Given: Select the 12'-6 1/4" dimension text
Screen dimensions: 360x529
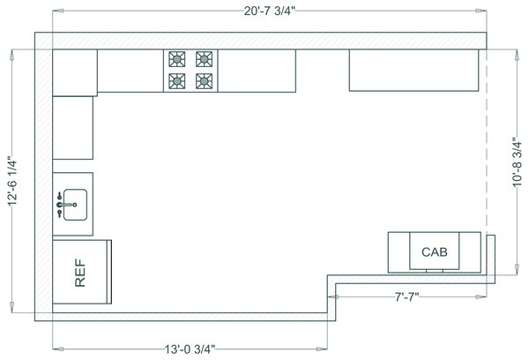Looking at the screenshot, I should pos(11,182).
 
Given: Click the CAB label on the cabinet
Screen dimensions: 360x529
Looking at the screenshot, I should pos(435,252).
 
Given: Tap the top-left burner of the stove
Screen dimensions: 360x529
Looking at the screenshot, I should pos(175,60).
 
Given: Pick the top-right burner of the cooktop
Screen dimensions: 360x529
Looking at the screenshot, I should pos(205,60).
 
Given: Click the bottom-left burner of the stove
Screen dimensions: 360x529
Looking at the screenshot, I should pos(175,81).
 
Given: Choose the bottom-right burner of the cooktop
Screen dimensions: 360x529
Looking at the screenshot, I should pos(205,81).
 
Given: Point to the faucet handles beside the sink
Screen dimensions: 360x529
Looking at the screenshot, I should pos(59,205).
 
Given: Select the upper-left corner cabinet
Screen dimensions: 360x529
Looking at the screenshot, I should pos(74,71).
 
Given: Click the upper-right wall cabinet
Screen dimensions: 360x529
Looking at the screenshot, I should pos(414,70).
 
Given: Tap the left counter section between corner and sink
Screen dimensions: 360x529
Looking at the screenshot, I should pos(72,127).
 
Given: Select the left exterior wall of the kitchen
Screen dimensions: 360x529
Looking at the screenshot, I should pos(43,176).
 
